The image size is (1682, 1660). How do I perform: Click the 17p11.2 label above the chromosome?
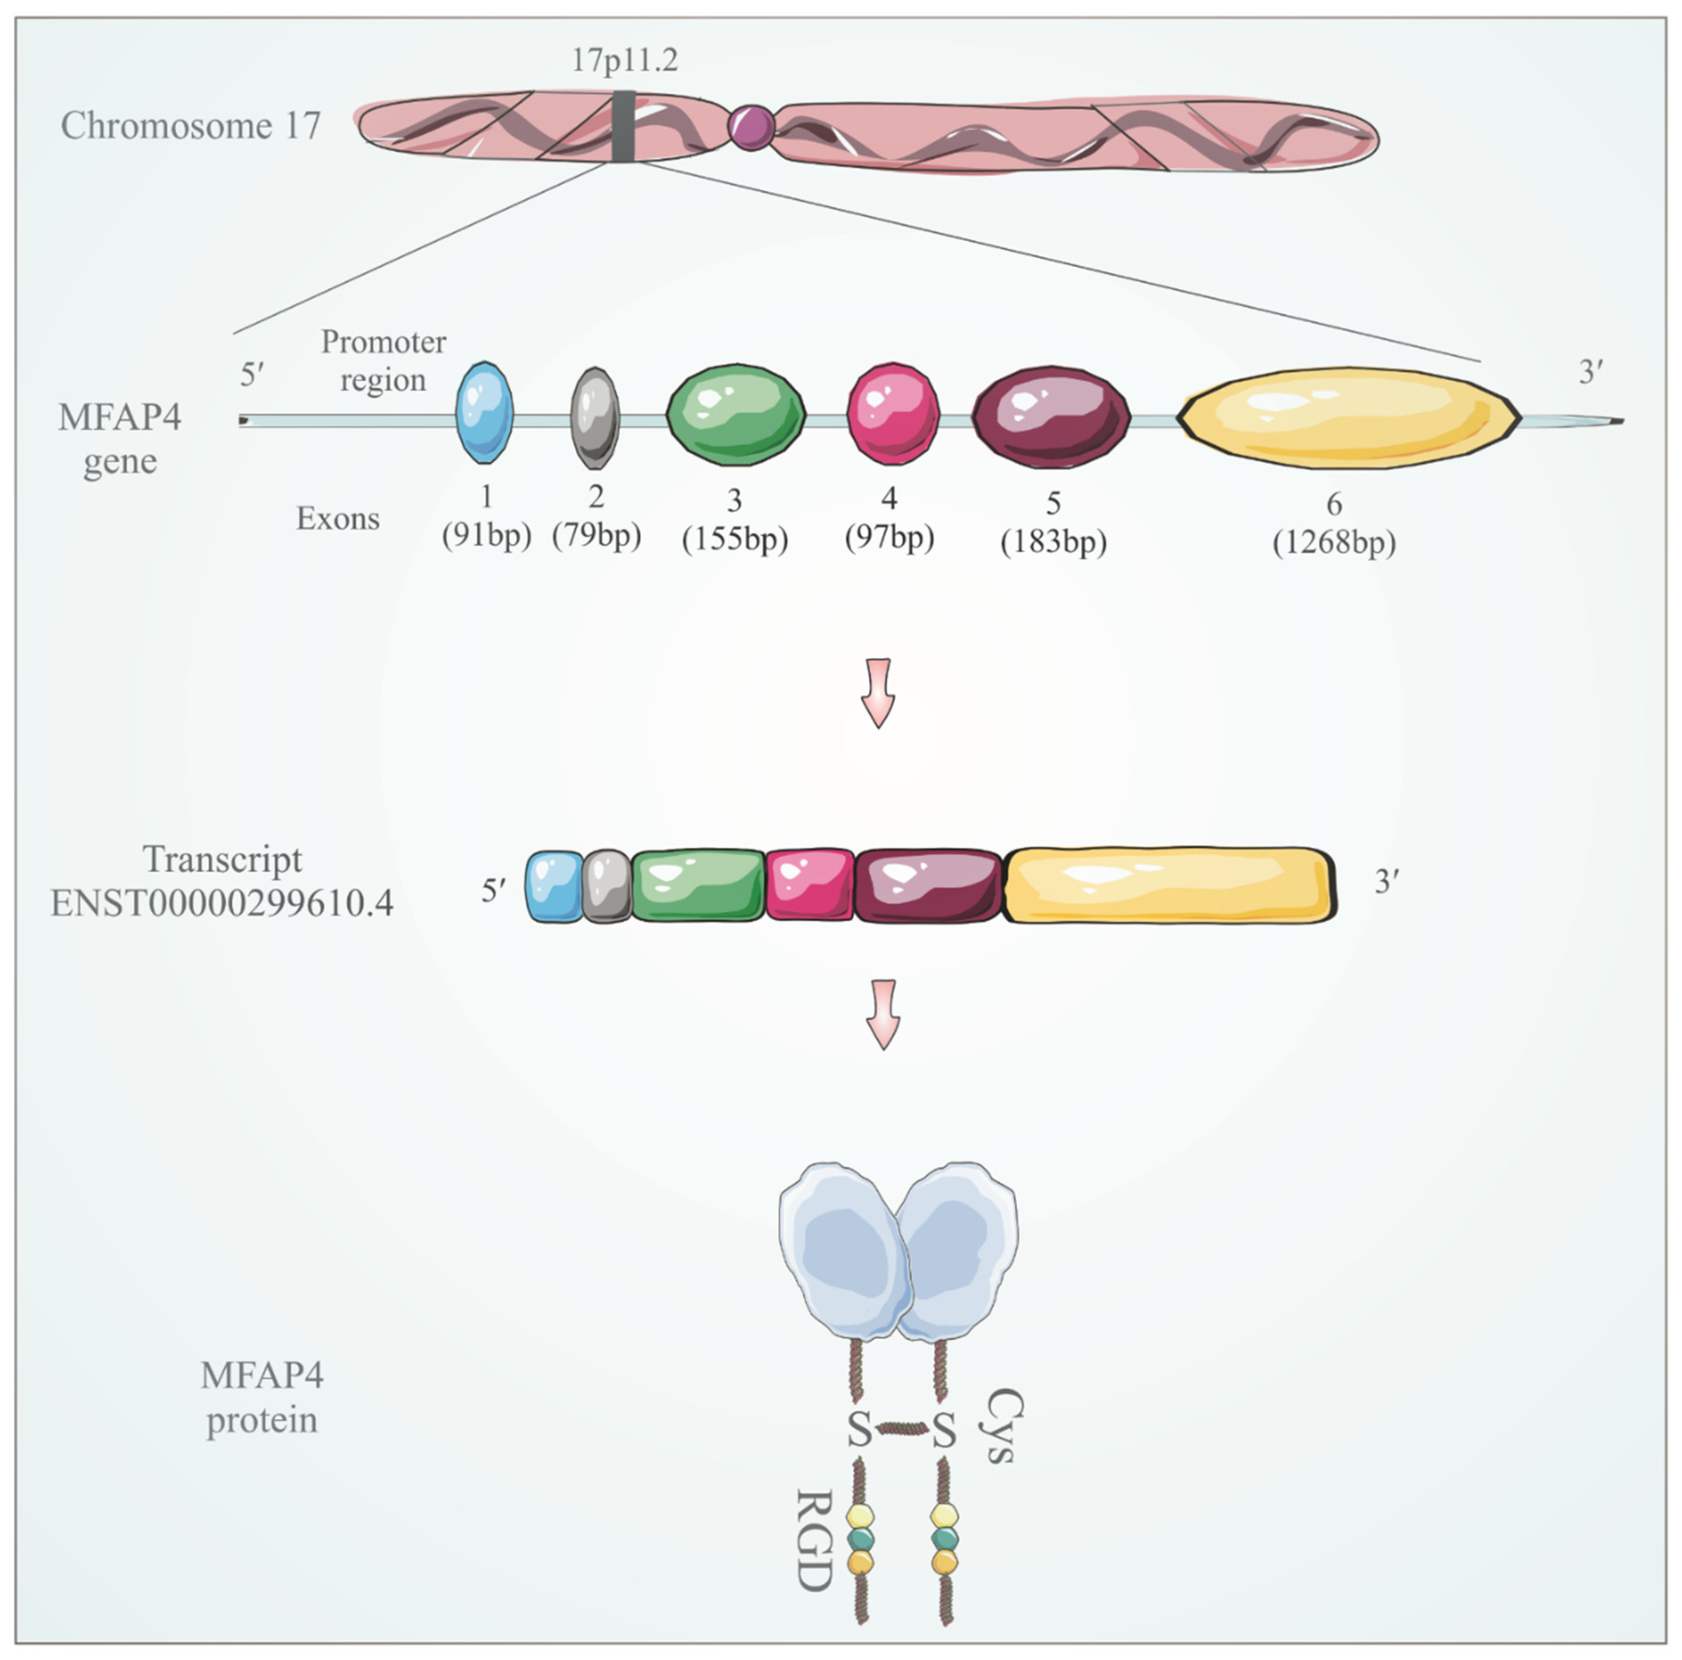coord(624,60)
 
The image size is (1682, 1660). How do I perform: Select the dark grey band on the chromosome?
coord(623,126)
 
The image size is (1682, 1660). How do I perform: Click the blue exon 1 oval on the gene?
coord(485,414)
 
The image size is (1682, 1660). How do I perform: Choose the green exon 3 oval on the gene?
coord(735,415)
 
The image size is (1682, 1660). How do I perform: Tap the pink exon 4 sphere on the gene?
coord(893,415)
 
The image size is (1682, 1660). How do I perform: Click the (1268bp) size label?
coord(1334,543)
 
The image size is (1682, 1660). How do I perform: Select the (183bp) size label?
coord(1053,542)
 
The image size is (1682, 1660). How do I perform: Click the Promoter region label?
coord(383,361)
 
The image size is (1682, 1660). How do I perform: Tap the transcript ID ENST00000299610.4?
coord(222,903)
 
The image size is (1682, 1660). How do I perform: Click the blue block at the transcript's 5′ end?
coord(555,886)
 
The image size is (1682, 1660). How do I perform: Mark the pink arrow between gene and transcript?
coord(879,692)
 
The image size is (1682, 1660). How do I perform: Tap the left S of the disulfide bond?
coord(859,1430)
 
